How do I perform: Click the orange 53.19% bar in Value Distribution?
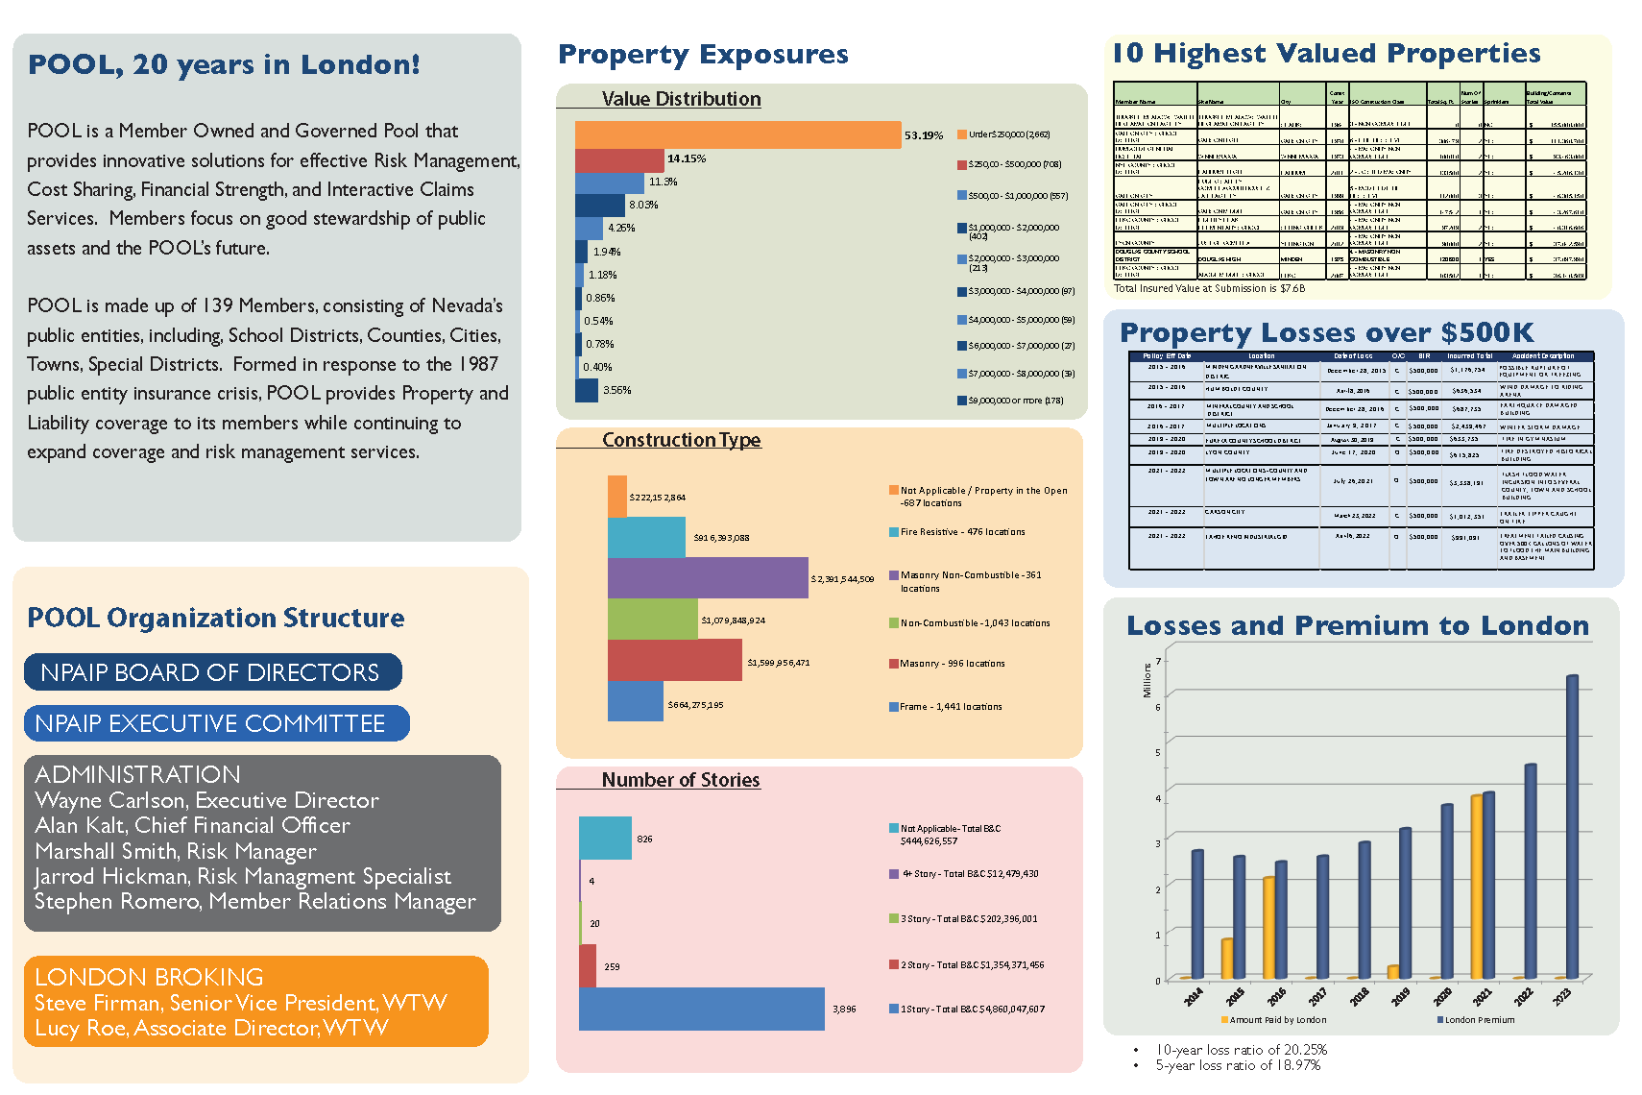point(737,135)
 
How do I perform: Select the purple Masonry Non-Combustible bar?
point(708,578)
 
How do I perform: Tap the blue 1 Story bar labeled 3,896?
point(701,1009)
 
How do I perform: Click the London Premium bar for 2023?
point(1572,826)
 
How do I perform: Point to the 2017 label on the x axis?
point(1317,996)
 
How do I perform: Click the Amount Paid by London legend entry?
point(1274,1020)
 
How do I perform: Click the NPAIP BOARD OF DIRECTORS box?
point(212,672)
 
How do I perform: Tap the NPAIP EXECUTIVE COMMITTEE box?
point(216,723)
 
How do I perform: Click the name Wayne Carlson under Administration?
point(109,801)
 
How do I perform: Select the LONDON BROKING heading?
point(149,977)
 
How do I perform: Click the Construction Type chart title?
point(681,440)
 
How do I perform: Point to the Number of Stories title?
point(680,780)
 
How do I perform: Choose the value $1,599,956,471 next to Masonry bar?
point(778,663)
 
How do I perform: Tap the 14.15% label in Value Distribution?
point(687,158)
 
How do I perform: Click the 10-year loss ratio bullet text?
point(1241,1050)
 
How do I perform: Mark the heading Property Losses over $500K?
point(1326,332)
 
